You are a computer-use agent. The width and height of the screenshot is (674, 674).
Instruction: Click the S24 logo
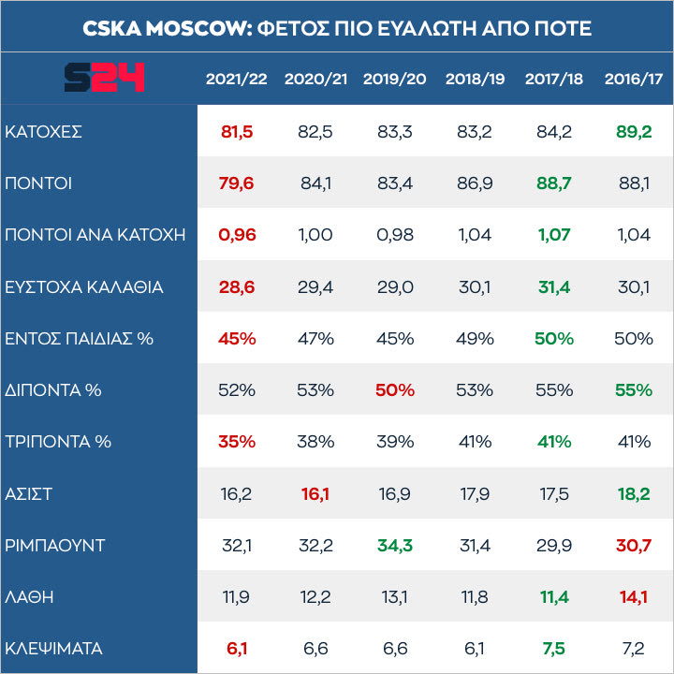coord(104,77)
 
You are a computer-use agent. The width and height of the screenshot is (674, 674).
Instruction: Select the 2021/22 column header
coord(237,79)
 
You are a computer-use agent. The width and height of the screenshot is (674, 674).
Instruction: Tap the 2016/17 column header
coord(634,79)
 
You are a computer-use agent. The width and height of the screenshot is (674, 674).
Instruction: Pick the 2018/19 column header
coord(475,79)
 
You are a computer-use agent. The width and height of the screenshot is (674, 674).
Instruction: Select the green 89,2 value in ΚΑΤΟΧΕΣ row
coord(634,132)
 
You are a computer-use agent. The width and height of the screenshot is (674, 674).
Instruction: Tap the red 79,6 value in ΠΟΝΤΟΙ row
coord(237,183)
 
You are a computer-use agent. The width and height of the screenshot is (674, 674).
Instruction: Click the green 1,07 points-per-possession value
coord(554,235)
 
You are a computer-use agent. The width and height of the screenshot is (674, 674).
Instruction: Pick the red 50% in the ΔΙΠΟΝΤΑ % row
coord(395,389)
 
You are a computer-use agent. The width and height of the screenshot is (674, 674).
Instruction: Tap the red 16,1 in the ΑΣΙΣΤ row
coord(315,492)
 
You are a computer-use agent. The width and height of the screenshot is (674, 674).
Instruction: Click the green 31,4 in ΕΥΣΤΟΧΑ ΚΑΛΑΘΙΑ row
coord(554,286)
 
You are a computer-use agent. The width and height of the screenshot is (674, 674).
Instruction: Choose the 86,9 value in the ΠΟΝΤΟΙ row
coord(475,183)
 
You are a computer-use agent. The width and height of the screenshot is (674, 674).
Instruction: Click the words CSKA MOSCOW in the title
coord(165,28)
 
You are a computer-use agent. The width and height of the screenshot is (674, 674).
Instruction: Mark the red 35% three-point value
coord(237,441)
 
